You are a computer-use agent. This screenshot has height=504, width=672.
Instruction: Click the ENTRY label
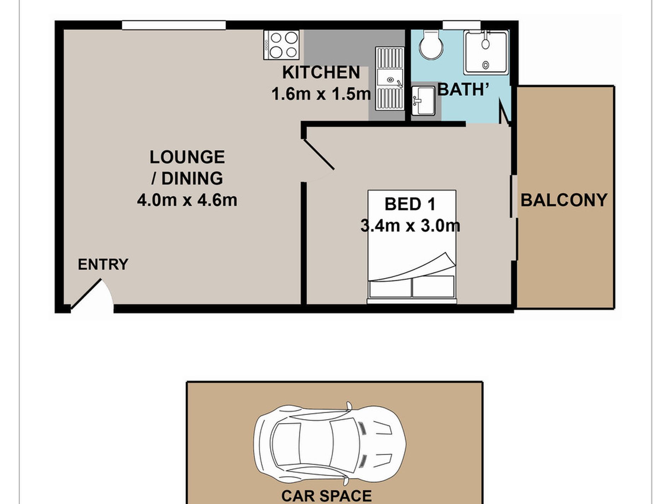[103, 265]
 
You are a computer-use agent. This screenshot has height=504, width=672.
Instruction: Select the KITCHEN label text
[321, 73]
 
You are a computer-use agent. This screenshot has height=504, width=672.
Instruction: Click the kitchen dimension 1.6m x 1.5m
[321, 94]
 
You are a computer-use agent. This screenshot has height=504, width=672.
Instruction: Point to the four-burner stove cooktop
[282, 45]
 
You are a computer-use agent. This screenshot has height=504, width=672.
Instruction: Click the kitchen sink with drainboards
[390, 79]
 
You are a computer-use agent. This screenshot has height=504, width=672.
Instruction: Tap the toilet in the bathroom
[431, 45]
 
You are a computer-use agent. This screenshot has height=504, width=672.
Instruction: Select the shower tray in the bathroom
[486, 52]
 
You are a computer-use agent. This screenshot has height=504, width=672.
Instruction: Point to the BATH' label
[463, 89]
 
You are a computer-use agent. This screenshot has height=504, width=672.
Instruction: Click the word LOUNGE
[187, 157]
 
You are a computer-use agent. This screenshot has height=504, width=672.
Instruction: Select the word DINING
[192, 179]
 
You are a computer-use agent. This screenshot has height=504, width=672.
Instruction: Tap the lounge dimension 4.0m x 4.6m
[187, 200]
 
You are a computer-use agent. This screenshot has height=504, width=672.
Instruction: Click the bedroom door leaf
[318, 154]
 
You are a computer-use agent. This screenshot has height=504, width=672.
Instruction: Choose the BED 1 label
[410, 204]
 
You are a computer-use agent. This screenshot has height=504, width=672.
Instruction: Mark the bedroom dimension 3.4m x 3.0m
[410, 226]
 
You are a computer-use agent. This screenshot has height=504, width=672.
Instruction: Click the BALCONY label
[564, 200]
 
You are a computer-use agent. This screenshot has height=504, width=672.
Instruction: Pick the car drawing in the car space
[330, 444]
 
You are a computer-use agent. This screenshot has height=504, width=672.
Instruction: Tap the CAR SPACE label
[326, 496]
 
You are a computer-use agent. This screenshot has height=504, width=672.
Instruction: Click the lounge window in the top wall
[174, 25]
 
